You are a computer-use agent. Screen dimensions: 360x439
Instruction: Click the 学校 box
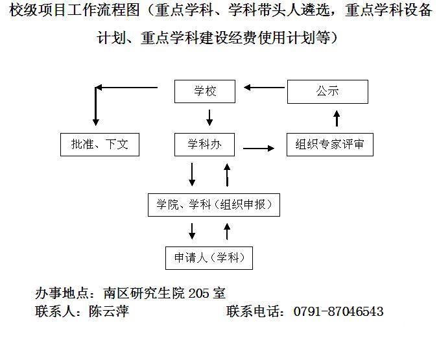click(205, 91)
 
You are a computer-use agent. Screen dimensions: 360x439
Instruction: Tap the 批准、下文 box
click(99, 145)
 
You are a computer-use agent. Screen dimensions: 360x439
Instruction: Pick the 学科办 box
click(205, 145)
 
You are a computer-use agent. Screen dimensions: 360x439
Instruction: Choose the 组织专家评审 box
click(329, 145)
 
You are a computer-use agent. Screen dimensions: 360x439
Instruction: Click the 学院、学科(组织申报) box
click(213, 205)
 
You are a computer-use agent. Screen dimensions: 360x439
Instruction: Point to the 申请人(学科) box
click(208, 258)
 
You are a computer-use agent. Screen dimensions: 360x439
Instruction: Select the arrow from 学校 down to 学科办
click(209, 117)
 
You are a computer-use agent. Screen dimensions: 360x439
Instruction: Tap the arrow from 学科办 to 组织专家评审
click(258, 149)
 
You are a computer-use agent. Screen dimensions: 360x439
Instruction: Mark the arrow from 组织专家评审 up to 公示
click(337, 118)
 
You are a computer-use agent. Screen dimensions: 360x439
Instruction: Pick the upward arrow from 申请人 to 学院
click(226, 231)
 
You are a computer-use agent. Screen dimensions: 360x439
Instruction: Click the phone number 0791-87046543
click(338, 312)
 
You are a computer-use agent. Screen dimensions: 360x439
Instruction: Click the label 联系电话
click(255, 312)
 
